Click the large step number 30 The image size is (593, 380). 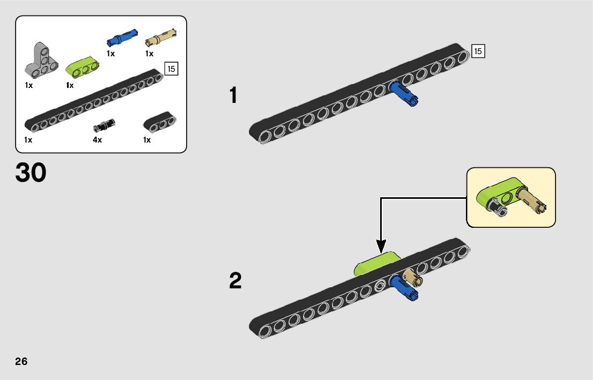tap(31, 173)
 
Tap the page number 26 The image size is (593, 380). tap(21, 361)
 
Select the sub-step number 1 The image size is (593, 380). tap(233, 96)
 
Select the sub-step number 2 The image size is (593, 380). tap(235, 281)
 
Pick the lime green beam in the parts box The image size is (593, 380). tap(83, 66)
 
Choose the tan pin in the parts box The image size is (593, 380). tap(161, 38)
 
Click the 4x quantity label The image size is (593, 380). tap(97, 140)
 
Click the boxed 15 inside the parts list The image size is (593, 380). tap(171, 69)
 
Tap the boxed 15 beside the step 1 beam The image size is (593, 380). tap(477, 51)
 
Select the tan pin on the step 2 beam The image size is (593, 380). tap(414, 278)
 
